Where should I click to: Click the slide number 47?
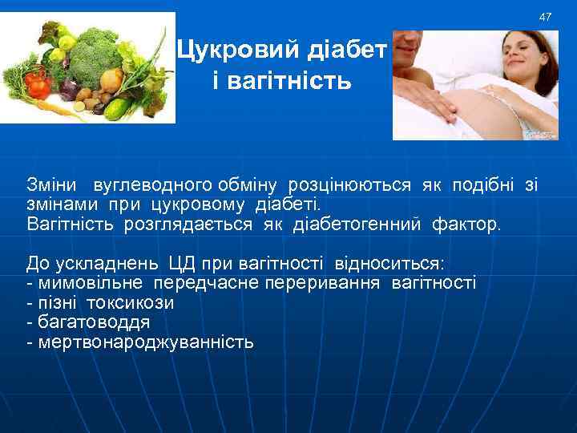[x=546, y=17]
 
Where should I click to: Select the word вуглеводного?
[x=141, y=186]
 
